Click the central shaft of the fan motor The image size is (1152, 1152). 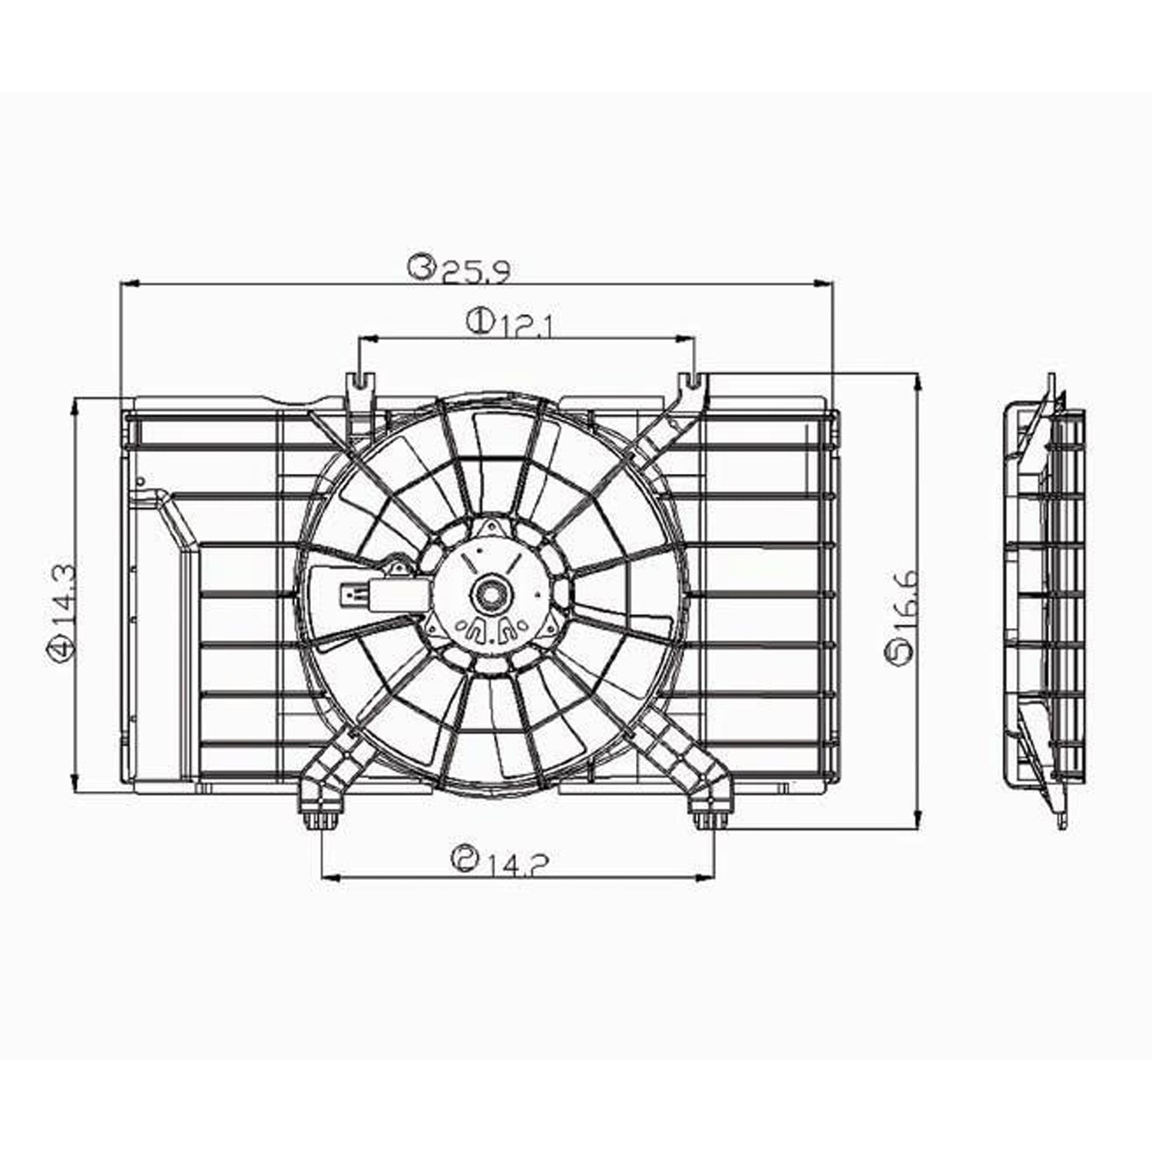[488, 592]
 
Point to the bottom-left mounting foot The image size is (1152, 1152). [320, 817]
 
